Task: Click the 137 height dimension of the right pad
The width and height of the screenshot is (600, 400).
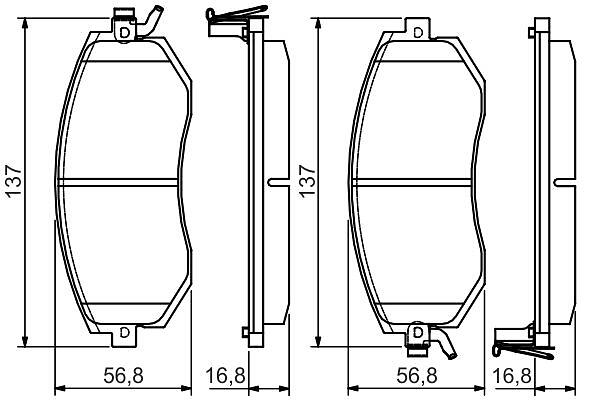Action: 307,181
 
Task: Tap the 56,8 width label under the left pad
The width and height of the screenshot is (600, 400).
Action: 123,376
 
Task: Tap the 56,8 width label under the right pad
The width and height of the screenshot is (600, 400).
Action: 417,376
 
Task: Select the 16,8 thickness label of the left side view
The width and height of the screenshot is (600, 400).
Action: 225,376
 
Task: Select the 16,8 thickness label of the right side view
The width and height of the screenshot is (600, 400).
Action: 512,376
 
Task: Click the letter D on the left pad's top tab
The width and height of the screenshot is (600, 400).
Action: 124,33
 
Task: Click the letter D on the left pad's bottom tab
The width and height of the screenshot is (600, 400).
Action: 124,332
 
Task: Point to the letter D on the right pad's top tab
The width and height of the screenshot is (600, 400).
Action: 418,33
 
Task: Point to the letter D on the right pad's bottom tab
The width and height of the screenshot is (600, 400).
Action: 418,333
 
